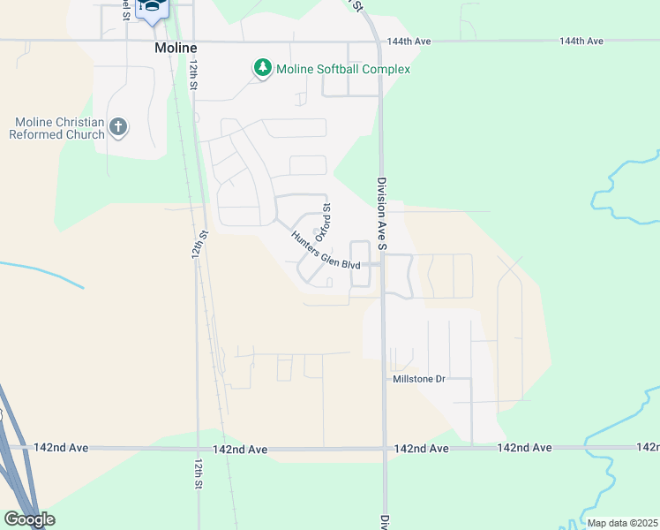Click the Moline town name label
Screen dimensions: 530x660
click(174, 47)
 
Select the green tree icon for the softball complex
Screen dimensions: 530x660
click(262, 67)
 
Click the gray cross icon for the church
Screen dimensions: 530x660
click(118, 127)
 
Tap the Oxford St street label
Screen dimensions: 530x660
click(323, 220)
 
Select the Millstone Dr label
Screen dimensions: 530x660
click(421, 378)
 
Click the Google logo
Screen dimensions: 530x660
click(29, 519)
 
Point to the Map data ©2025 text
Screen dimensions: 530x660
click(622, 523)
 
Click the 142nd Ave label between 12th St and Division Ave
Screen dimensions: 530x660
click(240, 449)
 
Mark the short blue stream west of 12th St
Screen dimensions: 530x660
click(44, 274)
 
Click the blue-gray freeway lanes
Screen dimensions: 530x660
click(13, 468)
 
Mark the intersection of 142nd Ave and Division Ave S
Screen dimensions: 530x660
click(384, 448)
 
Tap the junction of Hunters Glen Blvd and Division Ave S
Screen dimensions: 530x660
click(382, 263)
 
